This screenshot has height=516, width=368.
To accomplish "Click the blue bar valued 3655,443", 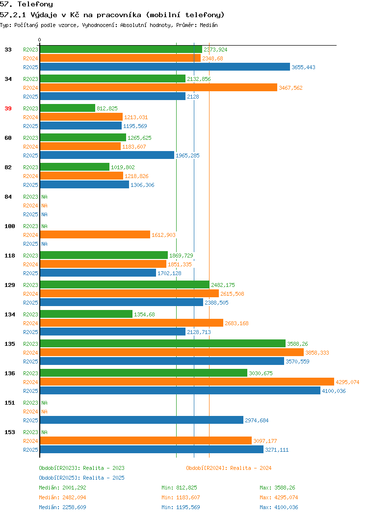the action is click(165, 67).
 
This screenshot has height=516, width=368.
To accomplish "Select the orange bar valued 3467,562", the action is click(158, 87).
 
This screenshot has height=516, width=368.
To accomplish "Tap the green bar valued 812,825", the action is click(68, 108).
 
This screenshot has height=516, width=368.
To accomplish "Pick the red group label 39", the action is click(8, 108).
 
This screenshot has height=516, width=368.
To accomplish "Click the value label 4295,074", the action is click(347, 382).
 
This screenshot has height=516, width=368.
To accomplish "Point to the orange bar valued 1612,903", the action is click(95, 234).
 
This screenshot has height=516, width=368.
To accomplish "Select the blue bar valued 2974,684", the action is click(141, 420).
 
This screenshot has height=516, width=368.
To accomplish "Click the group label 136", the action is click(10, 373).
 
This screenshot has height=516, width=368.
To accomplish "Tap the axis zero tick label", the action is click(40, 40).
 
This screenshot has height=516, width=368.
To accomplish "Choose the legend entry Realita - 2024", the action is click(229, 468).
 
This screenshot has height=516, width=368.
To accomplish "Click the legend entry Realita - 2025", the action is click(81, 478).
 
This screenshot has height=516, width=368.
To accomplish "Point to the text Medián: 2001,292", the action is click(62, 488).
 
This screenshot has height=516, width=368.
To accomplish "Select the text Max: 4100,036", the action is click(279, 507).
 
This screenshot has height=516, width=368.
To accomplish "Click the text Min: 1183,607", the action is click(181, 497).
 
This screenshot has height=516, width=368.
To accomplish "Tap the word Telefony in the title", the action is click(35, 4).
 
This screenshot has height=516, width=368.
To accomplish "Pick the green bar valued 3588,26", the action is click(162, 343).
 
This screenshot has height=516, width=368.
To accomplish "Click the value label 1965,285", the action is click(187, 155).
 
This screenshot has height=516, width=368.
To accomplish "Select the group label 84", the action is click(8, 197).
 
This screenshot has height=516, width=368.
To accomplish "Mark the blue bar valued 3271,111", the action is click(152, 449).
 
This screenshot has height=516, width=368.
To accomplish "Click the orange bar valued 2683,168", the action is click(131, 323).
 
